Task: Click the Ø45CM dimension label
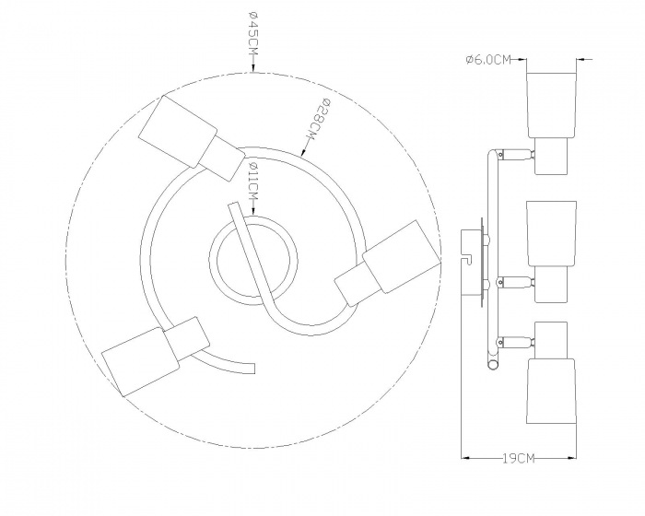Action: point(252,35)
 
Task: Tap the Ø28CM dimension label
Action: point(317,120)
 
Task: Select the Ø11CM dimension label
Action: point(253,180)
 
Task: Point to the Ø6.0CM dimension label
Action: point(488,60)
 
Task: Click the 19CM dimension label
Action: point(518,458)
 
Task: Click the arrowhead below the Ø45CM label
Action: point(252,68)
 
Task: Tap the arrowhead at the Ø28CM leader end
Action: point(304,153)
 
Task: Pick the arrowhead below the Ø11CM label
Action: point(253,210)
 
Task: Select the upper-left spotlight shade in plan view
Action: point(178,131)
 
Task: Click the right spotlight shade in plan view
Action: point(401,257)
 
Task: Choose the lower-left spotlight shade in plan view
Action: point(140,361)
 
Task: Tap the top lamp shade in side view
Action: point(551,105)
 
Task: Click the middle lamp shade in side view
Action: point(551,233)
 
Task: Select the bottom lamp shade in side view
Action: point(551,392)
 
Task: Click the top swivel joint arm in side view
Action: point(516,155)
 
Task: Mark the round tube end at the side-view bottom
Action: point(491,365)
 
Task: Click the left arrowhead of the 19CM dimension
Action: point(465,457)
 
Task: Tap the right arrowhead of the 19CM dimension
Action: point(571,457)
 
